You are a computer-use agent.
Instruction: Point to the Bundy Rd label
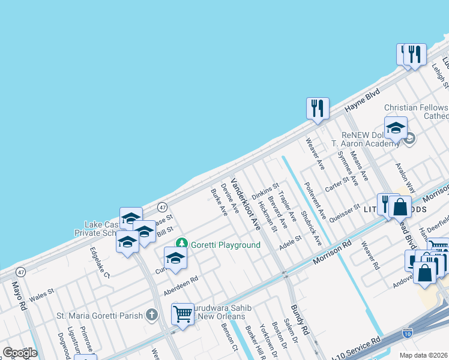300,320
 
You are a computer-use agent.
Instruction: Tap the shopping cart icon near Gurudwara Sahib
182,313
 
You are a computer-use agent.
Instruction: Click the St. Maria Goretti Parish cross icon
152,315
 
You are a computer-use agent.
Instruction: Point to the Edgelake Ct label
100,262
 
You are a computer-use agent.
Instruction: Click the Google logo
20,353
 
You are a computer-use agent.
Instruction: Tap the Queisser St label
344,214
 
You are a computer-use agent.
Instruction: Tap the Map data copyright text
423,355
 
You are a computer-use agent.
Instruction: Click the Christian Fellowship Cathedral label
416,112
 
